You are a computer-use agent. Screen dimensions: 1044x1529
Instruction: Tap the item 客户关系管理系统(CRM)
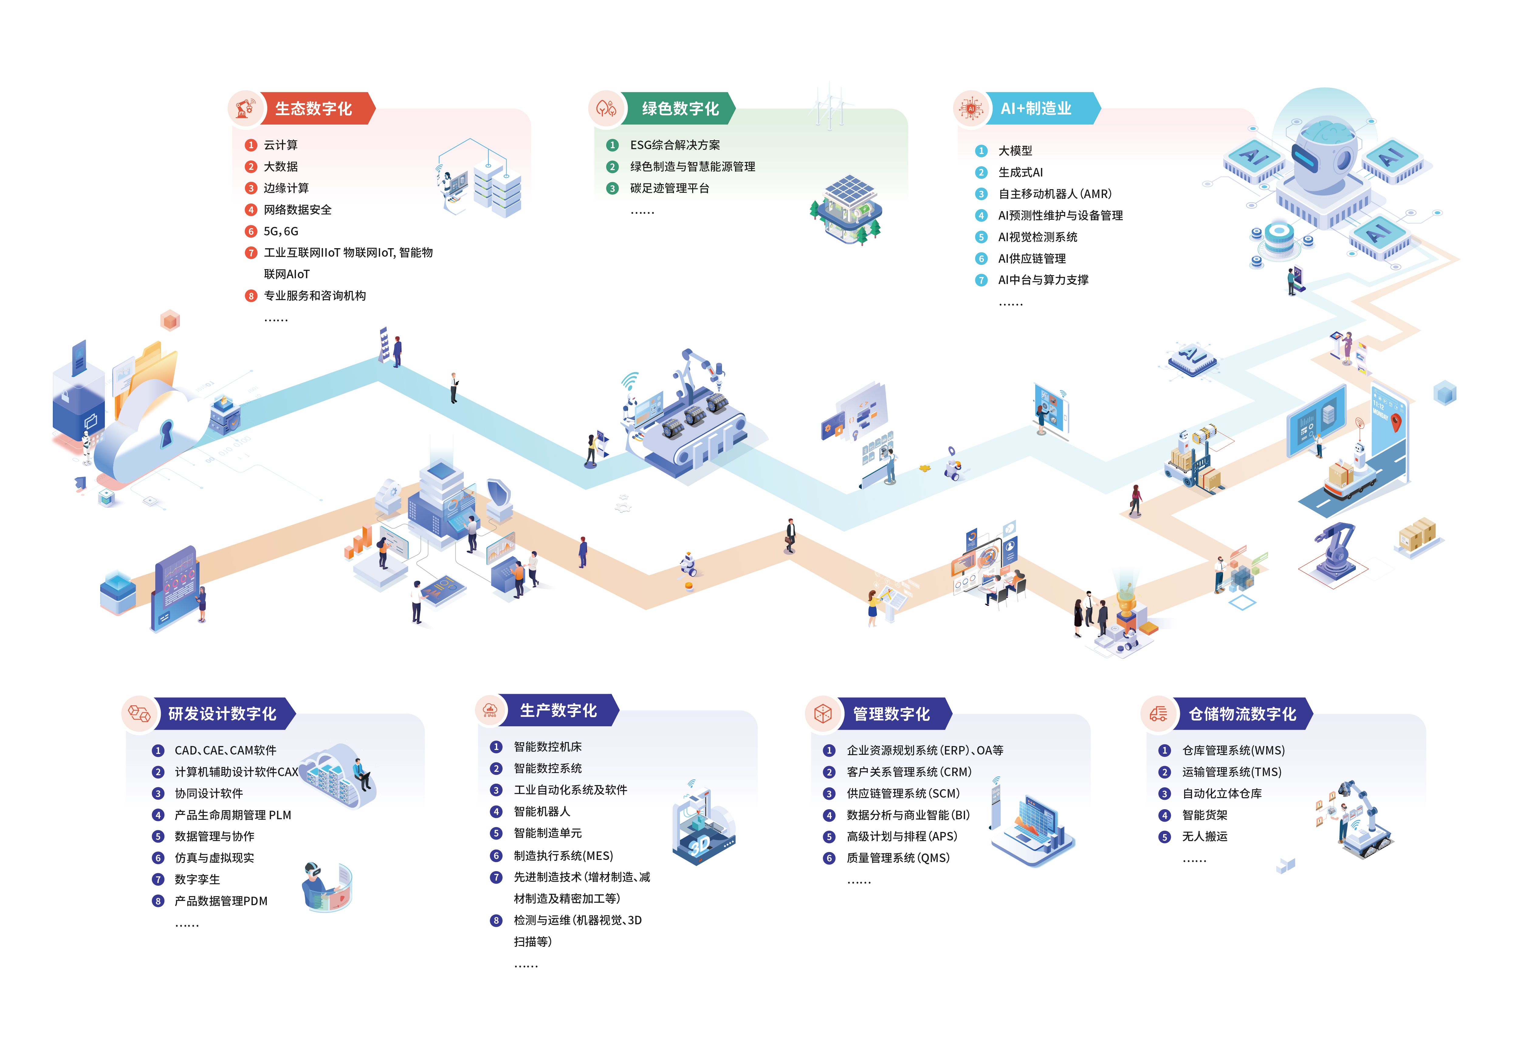909,772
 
